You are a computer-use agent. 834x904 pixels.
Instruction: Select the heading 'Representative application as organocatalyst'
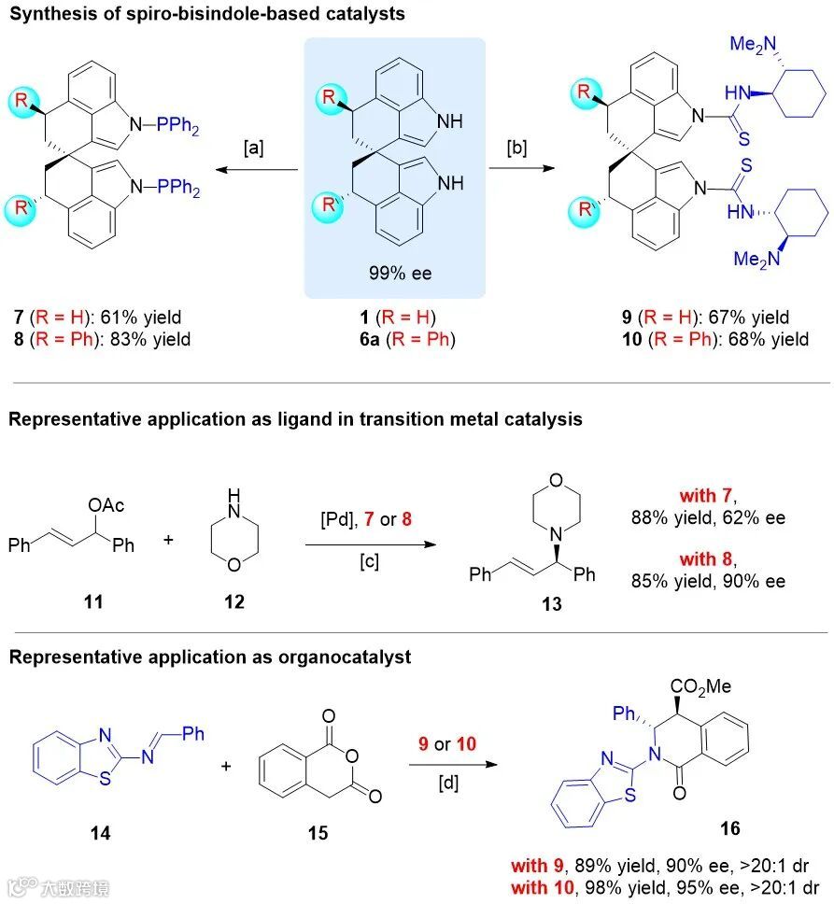click(210, 657)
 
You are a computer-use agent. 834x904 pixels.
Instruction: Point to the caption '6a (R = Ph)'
click(394, 338)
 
